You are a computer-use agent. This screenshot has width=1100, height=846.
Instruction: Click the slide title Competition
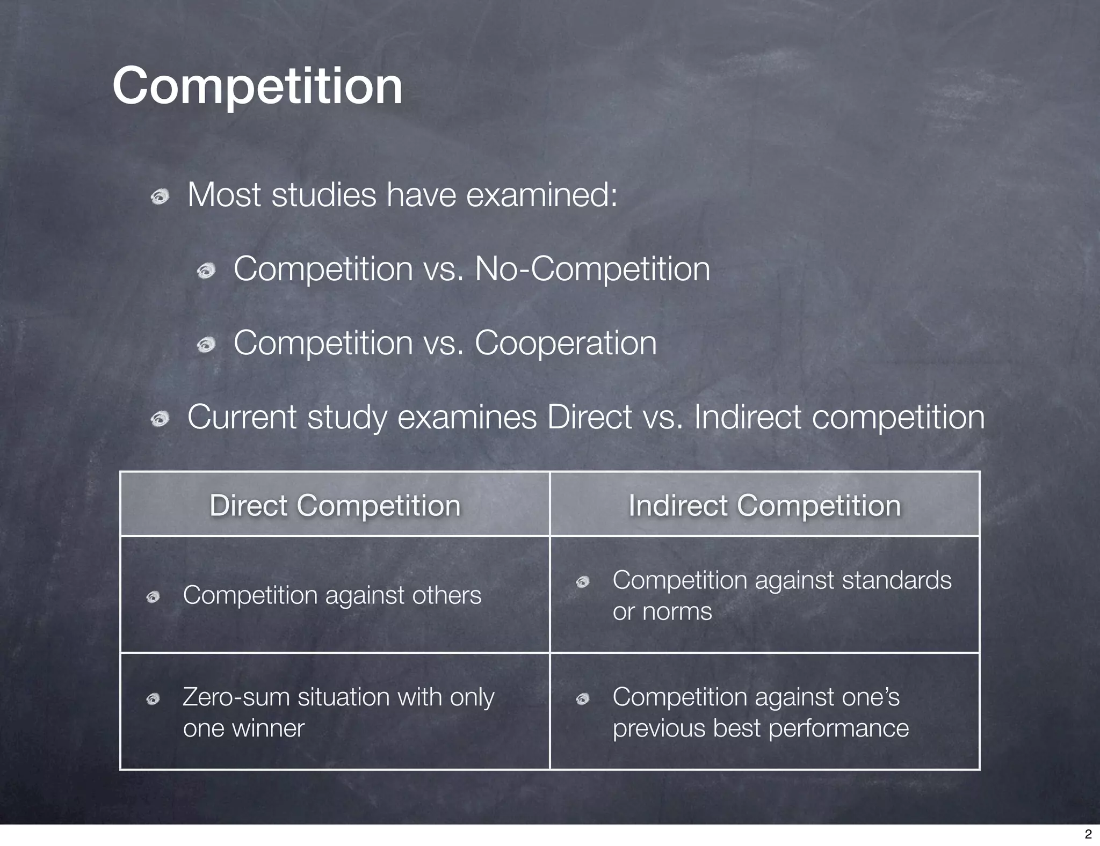tap(257, 86)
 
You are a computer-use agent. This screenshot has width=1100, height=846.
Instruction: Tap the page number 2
tap(1088, 834)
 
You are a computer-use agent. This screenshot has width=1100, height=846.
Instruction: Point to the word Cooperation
tap(565, 342)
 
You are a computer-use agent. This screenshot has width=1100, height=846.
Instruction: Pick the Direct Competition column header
tap(335, 505)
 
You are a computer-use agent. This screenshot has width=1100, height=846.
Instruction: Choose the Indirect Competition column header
tap(764, 505)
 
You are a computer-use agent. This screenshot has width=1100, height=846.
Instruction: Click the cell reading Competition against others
tap(332, 595)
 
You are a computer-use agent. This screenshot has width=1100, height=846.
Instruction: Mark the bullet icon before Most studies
tap(160, 198)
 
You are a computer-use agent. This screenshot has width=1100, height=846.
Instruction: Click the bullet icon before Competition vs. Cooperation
tap(206, 345)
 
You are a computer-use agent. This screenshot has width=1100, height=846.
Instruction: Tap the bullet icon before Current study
tap(160, 419)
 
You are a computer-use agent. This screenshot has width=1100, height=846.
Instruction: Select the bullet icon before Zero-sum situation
tap(153, 699)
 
